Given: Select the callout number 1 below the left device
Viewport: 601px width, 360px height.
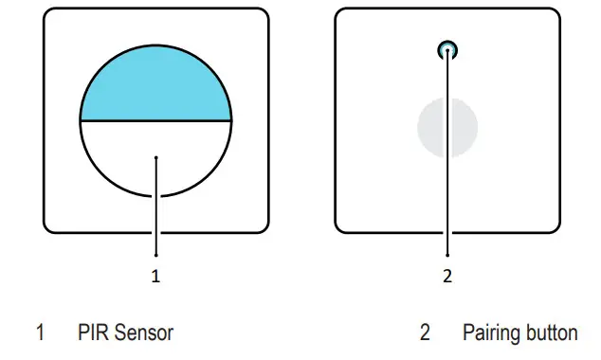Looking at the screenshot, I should click(155, 277).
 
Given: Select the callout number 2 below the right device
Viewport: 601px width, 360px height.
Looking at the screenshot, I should click(447, 277).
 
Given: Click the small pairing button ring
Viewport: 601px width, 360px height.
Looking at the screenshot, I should click(447, 50).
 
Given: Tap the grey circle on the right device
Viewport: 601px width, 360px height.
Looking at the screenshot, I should click(447, 129).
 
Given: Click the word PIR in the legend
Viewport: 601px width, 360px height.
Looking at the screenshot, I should click(92, 333).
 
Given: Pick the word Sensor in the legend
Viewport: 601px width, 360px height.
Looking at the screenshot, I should click(144, 333).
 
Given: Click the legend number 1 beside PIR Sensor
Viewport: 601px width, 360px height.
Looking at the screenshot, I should click(40, 333).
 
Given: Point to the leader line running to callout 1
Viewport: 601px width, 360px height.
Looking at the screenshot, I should click(155, 218).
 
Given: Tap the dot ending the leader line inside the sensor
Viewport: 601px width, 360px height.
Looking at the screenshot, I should click(155, 158).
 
